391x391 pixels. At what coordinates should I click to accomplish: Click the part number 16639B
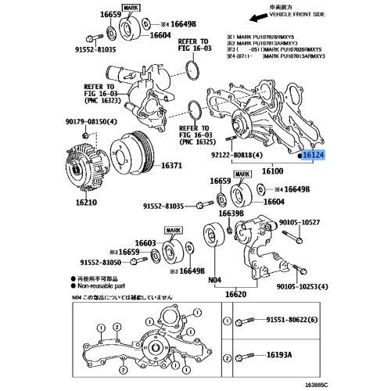(x=231, y=213)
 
